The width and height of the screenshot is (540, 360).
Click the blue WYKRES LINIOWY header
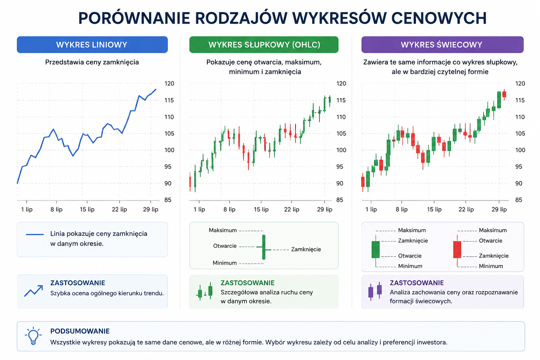[x=92, y=45]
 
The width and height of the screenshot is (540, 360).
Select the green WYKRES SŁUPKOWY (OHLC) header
[x=264, y=45]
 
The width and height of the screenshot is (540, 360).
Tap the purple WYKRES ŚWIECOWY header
[x=442, y=45]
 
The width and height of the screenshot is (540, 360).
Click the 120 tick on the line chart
[x=169, y=84]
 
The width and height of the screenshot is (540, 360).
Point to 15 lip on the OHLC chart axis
[x=261, y=209]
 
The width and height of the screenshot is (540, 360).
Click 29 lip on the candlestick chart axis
[x=499, y=209]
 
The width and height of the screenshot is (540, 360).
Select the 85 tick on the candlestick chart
[x=519, y=200]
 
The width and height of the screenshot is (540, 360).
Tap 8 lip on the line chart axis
[x=56, y=209]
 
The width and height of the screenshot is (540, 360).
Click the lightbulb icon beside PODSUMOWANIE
[x=33, y=336]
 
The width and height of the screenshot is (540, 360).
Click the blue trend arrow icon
[x=34, y=291]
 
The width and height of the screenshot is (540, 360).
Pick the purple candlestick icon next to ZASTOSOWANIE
[x=375, y=291]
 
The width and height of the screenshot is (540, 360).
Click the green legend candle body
[x=375, y=250]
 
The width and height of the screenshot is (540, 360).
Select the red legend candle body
[x=457, y=250]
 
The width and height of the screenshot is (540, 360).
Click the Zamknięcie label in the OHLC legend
[x=306, y=249]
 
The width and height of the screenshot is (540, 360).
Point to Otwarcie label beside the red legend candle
[x=490, y=240]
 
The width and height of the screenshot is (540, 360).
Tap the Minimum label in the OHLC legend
[x=224, y=263]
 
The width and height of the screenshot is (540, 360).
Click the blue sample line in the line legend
[x=35, y=234]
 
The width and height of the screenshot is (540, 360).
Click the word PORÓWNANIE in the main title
[x=134, y=18]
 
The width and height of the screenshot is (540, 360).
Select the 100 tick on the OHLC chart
[x=341, y=150]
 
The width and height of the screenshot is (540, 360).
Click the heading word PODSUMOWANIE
[x=80, y=331]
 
